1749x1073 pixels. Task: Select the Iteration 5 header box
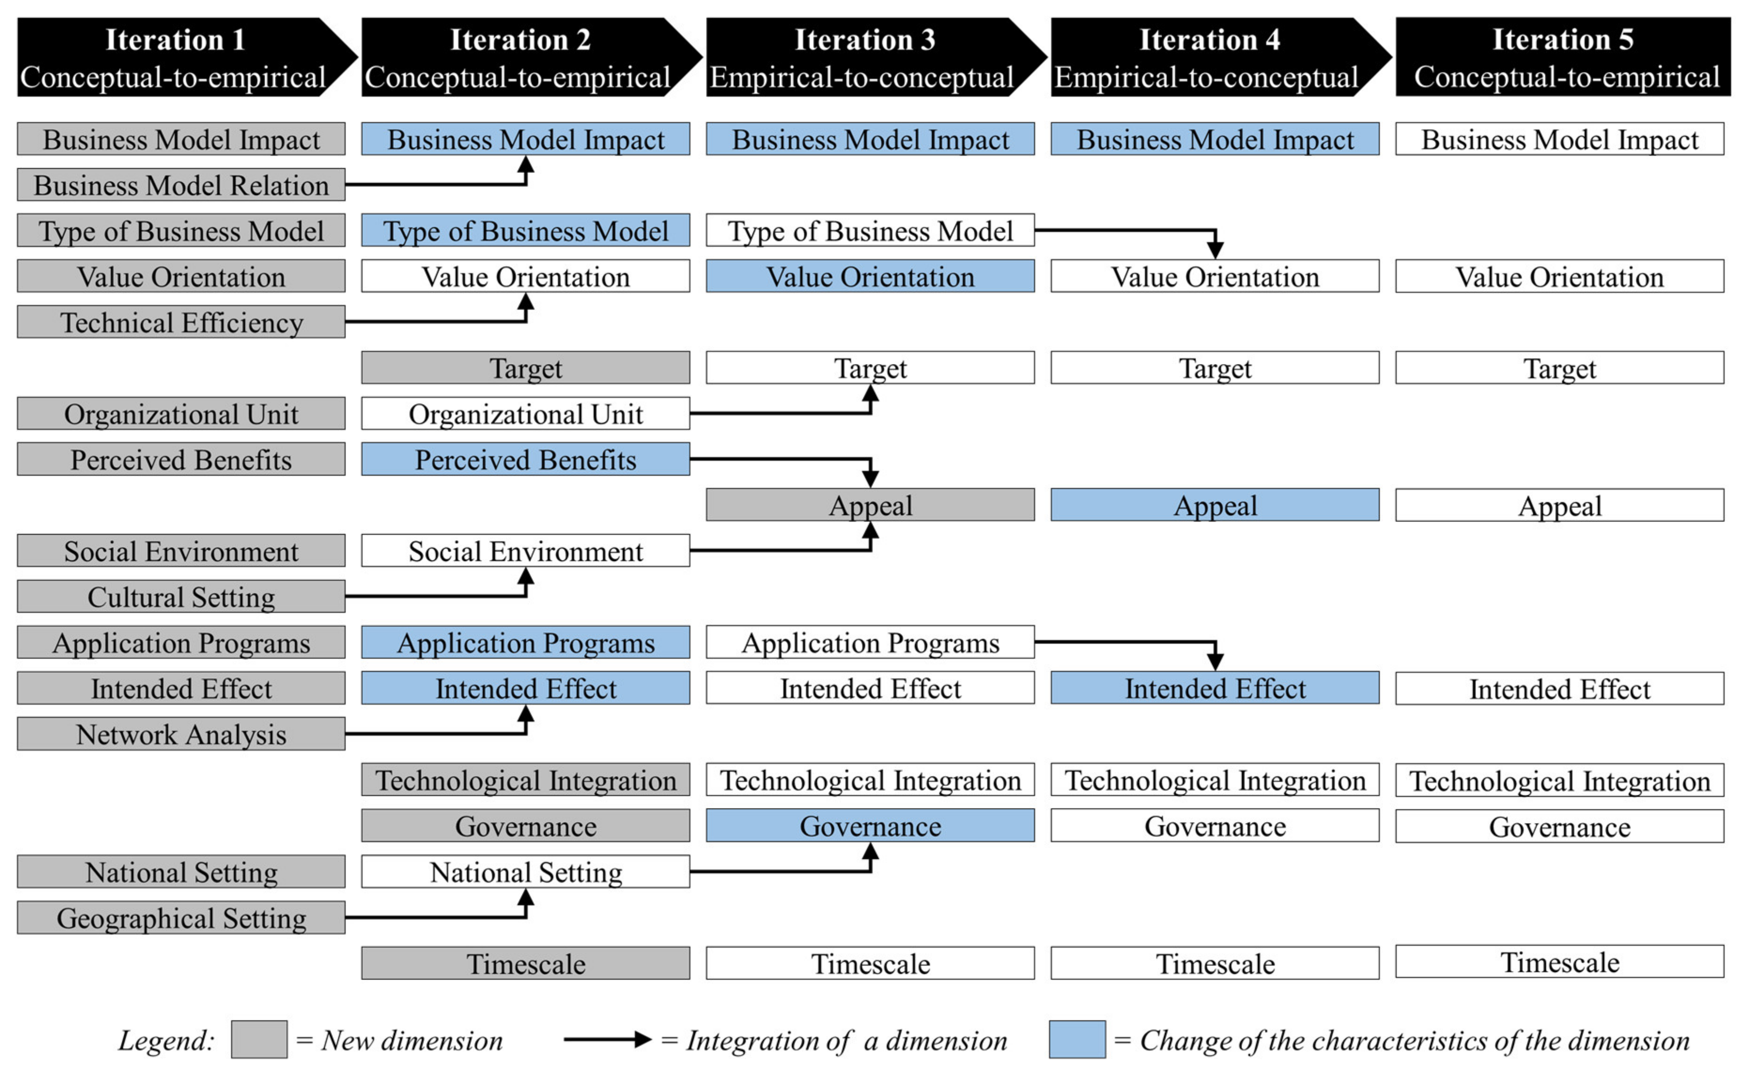coord(1562,57)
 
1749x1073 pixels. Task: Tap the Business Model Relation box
coord(181,185)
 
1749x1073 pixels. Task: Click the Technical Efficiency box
coord(181,322)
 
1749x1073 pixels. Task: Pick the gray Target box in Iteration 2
coord(525,368)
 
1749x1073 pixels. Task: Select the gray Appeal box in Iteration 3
coord(870,505)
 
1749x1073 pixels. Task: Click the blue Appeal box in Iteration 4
coord(1215,505)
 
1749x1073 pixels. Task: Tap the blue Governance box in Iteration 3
coord(870,826)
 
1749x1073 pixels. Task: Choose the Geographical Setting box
coord(181,917)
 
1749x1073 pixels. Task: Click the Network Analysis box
coord(181,734)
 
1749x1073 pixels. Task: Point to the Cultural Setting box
coord(181,597)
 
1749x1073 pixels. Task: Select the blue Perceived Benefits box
coord(525,459)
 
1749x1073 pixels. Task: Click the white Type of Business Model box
coord(870,231)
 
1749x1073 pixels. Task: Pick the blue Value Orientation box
coord(870,276)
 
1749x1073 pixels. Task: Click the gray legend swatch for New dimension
coord(259,1040)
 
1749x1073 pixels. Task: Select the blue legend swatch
coord(1077,1040)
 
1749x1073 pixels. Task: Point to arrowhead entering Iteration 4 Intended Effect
coord(1215,662)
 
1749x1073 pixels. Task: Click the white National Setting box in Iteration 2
coord(525,871)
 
